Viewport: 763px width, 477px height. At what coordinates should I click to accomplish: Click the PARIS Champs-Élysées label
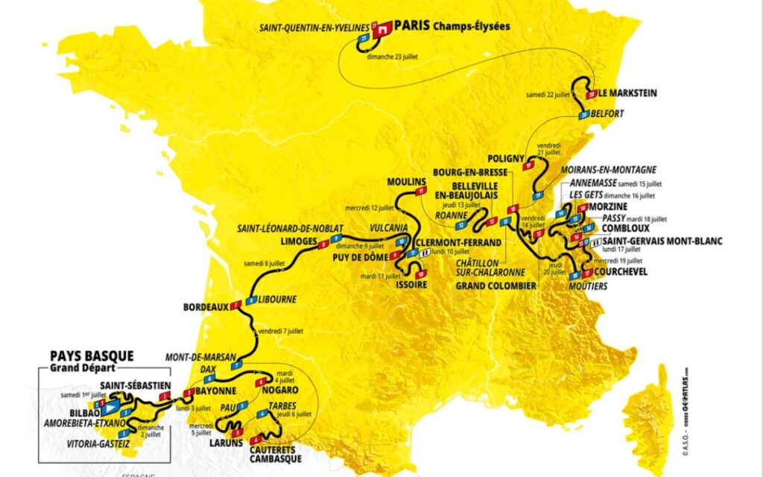[452, 25]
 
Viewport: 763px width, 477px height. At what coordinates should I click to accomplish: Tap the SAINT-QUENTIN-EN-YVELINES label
[314, 28]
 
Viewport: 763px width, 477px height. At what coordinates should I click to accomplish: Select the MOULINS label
[406, 182]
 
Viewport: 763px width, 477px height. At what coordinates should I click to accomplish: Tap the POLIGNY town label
[507, 158]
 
